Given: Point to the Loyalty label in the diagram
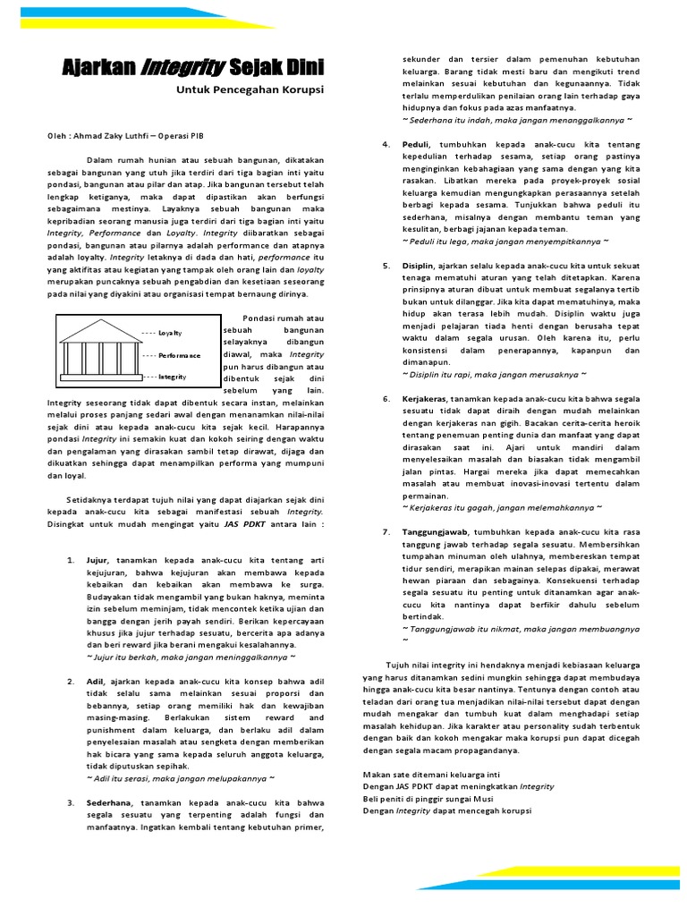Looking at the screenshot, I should tap(170, 333).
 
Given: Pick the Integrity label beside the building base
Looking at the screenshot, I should tap(172, 377).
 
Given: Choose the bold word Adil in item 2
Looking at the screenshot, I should tap(96, 682).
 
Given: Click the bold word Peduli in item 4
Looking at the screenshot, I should tap(416, 144).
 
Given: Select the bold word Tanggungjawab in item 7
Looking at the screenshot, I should tap(433, 531).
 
